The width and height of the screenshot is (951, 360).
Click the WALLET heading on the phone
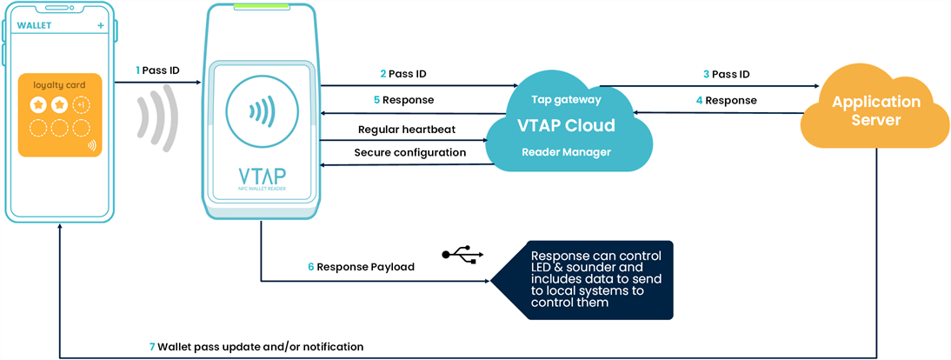tap(35, 25)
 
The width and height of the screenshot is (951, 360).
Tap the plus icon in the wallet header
tap(101, 25)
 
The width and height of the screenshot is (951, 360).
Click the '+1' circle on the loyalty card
tap(81, 105)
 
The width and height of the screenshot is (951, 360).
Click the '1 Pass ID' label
tap(158, 70)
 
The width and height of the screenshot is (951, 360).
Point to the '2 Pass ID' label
tap(402, 74)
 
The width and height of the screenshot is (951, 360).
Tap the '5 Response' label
tap(403, 100)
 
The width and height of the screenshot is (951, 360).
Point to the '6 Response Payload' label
tap(361, 267)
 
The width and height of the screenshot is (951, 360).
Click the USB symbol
tap(461, 255)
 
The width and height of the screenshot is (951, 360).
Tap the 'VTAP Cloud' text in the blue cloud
tap(566, 125)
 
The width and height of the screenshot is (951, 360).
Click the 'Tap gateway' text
tap(566, 99)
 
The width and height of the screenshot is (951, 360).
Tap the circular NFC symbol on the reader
tap(258, 112)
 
